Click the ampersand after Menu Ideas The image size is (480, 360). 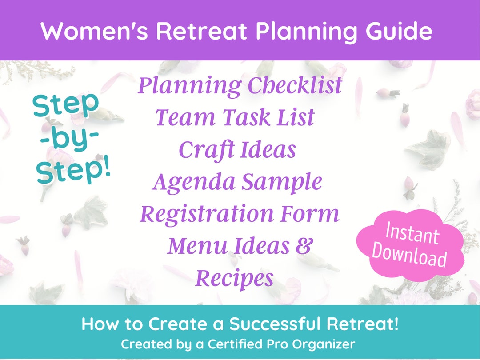pyautogui.click(x=303, y=246)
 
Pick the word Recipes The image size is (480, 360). pyautogui.click(x=234, y=279)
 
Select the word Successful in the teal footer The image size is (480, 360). pyautogui.click(x=275, y=324)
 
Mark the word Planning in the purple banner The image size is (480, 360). pyautogui.click(x=269, y=32)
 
